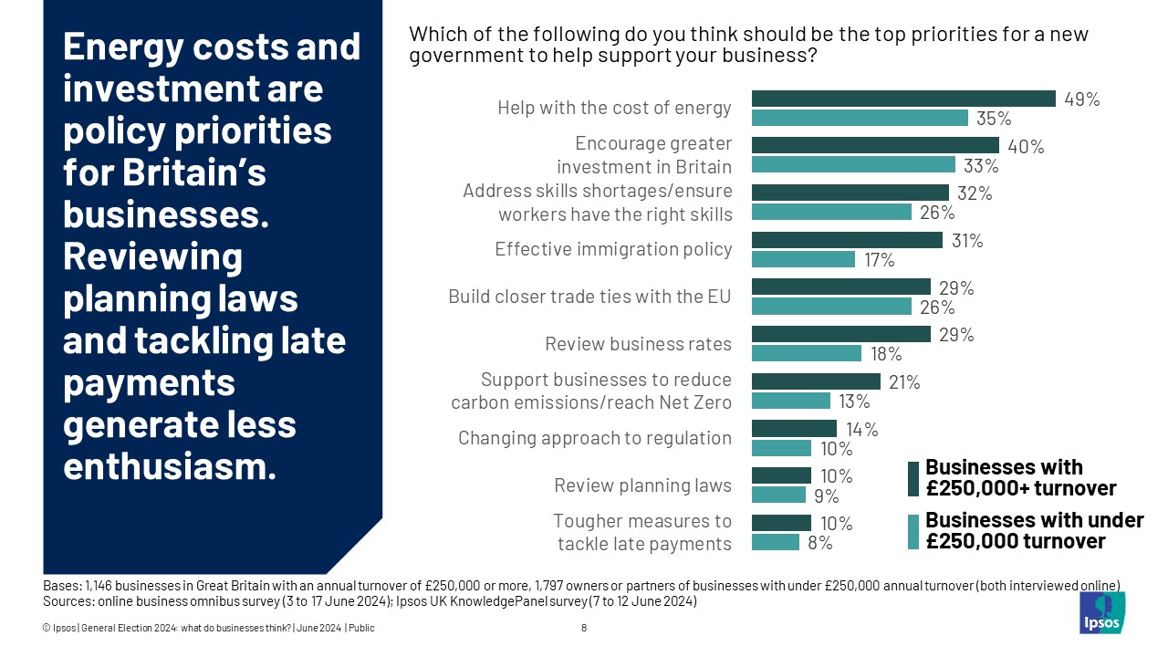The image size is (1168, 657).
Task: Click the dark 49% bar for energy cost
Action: pyautogui.click(x=902, y=99)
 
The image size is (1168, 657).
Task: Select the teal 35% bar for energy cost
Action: pyautogui.click(x=859, y=118)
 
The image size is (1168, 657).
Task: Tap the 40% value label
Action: pyautogui.click(x=1025, y=146)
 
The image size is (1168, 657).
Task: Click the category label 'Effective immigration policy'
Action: pyautogui.click(x=613, y=249)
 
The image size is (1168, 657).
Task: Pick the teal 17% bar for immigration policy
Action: pyautogui.click(x=803, y=259)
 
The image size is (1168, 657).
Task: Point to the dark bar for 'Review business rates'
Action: pyautogui.click(x=840, y=334)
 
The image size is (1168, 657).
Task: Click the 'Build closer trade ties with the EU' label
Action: pyautogui.click(x=589, y=297)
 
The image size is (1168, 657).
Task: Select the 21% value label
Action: pyautogui.click(x=904, y=382)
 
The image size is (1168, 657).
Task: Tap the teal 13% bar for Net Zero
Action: pyautogui.click(x=790, y=401)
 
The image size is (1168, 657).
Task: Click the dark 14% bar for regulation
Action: pyautogui.click(x=793, y=428)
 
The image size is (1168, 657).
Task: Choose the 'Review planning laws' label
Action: pyautogui.click(x=642, y=485)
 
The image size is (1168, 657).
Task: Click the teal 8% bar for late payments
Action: pyautogui.click(x=775, y=542)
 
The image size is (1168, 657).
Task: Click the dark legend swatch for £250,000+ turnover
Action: pyautogui.click(x=912, y=478)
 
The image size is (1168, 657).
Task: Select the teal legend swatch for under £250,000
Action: pyautogui.click(x=912, y=531)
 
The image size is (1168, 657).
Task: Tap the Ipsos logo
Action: pyautogui.click(x=1102, y=612)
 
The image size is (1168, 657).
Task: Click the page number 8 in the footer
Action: pyautogui.click(x=584, y=628)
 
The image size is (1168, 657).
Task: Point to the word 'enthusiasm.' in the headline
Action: pyautogui.click(x=169, y=467)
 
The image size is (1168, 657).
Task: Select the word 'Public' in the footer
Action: pyautogui.click(x=361, y=628)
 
